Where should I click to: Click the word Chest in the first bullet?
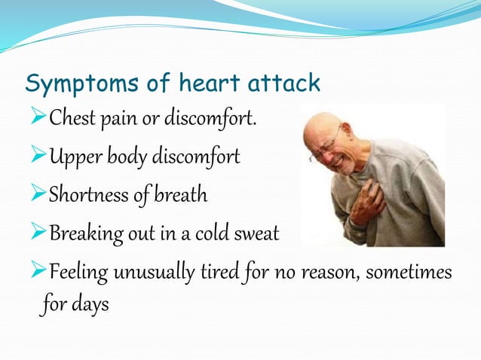[72, 118]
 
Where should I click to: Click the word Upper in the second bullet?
[73, 157]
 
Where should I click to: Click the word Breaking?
[81, 234]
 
